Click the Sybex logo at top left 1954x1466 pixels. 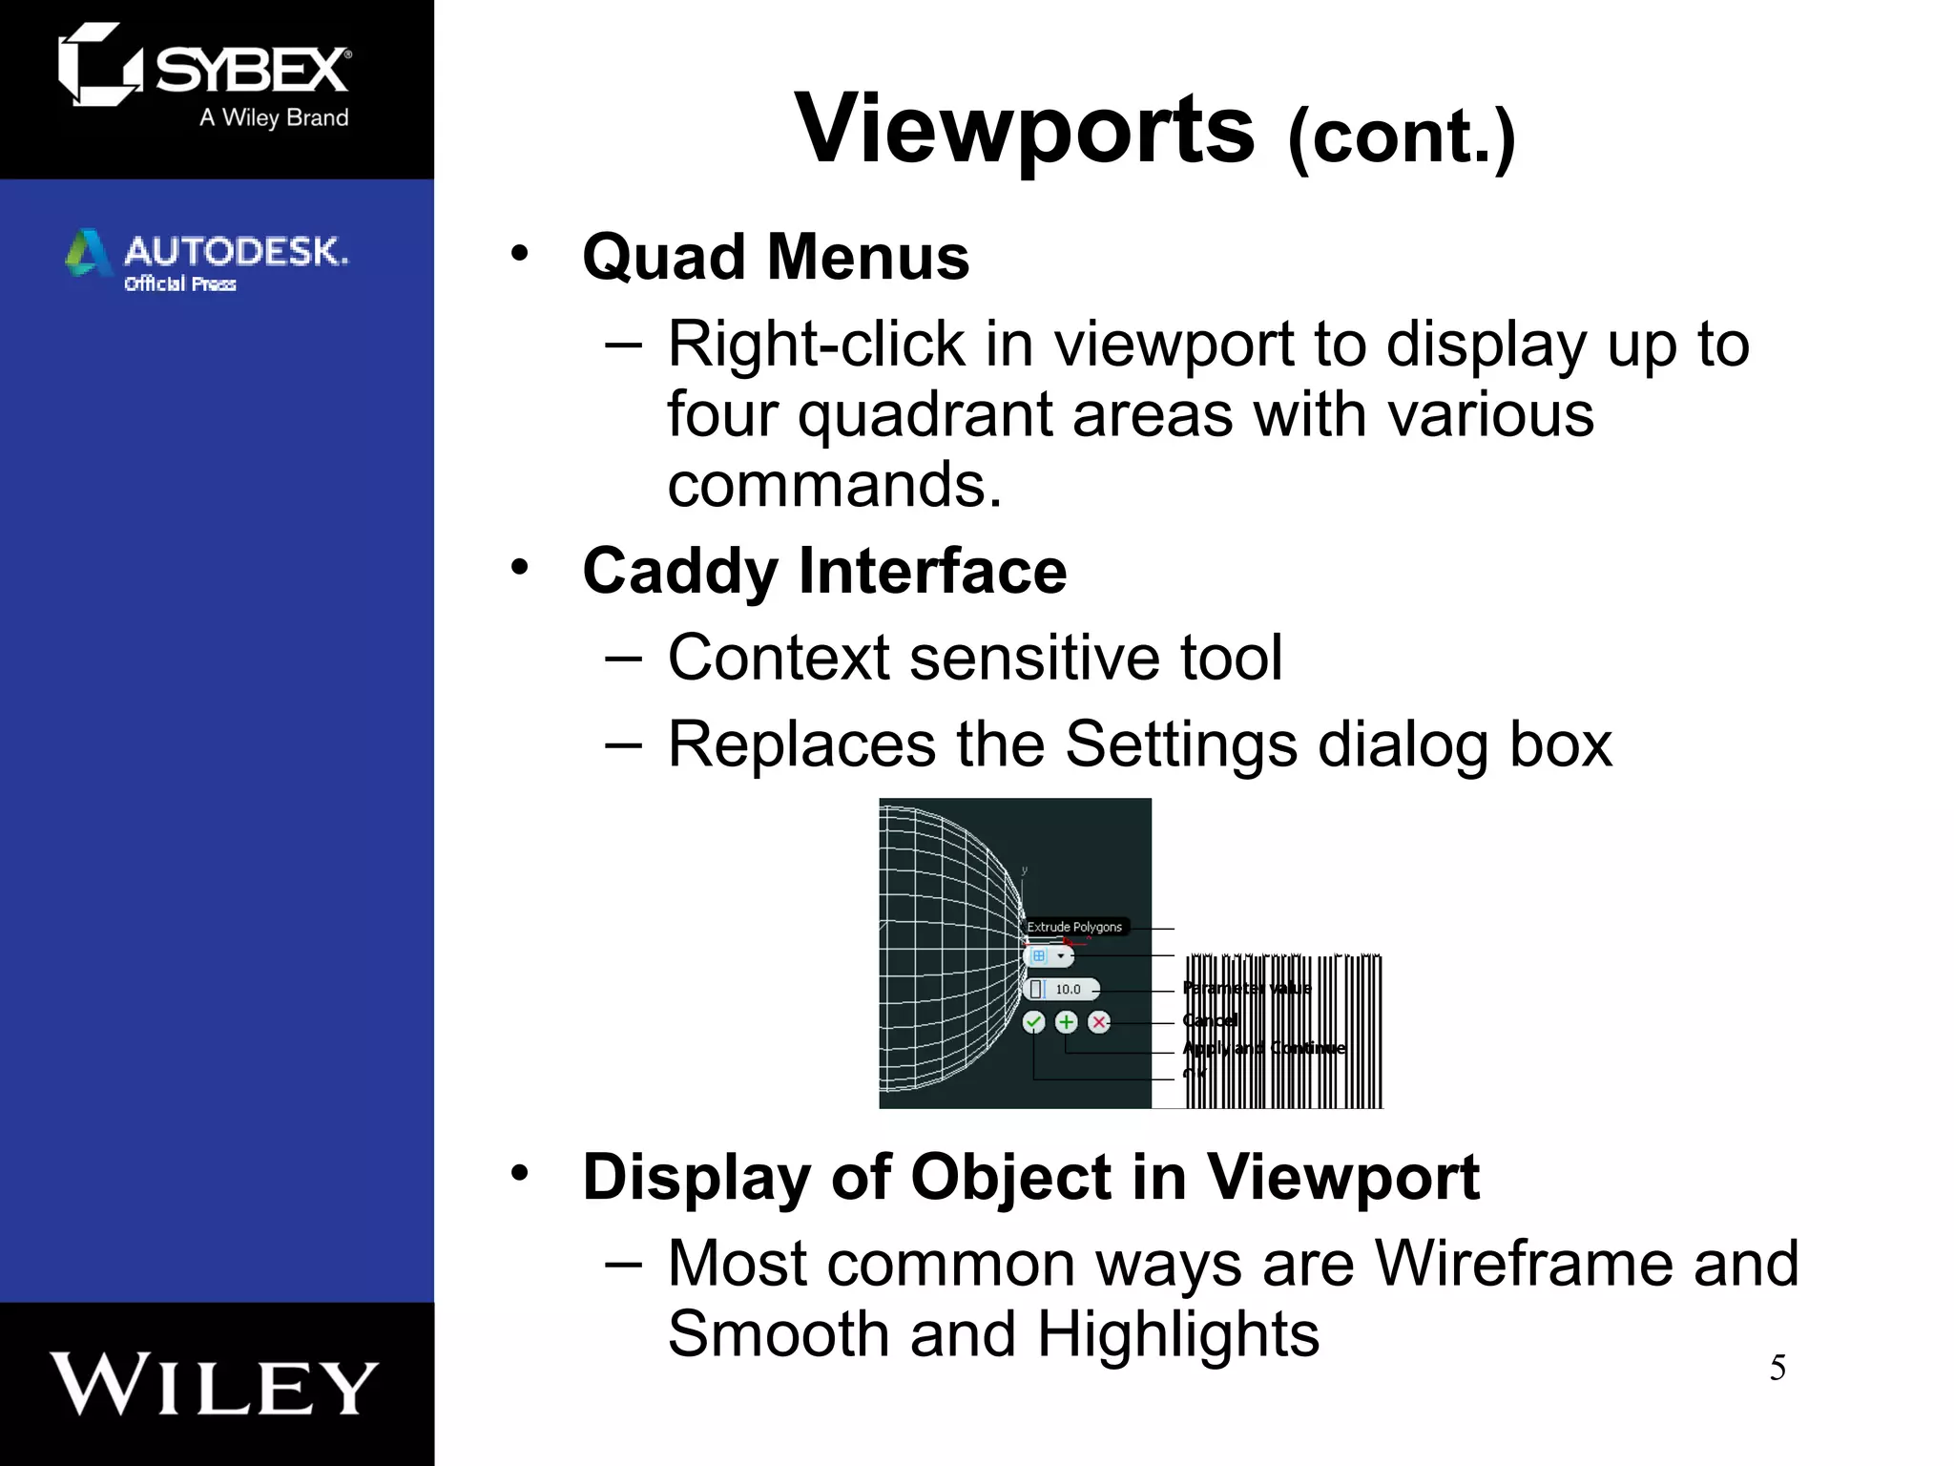tap(205, 74)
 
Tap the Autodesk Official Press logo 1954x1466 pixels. tap(206, 259)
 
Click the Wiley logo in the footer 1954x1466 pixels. tap(215, 1384)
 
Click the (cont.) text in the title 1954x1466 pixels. tap(1401, 137)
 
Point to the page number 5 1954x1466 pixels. tap(1777, 1368)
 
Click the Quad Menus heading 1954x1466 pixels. tap(775, 258)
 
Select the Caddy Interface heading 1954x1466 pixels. tap(824, 571)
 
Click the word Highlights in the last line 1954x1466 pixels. tap(1177, 1333)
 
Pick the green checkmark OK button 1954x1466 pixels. tap(1033, 1022)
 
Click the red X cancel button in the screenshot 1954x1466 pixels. tap(1099, 1022)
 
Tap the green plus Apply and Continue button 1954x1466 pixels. tap(1067, 1022)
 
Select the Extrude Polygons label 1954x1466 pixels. tap(1073, 927)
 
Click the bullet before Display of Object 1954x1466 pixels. tap(519, 1173)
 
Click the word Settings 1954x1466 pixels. tap(1180, 743)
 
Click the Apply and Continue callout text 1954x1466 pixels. tap(1264, 1048)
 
